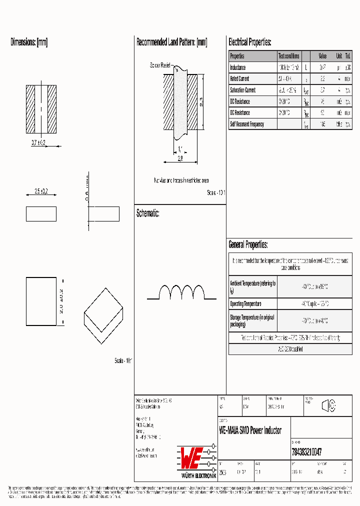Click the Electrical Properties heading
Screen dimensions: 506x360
point(249,42)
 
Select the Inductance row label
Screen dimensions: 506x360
point(238,67)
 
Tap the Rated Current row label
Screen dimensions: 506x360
point(239,79)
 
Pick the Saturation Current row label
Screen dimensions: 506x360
point(242,90)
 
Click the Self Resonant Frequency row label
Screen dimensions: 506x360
point(246,124)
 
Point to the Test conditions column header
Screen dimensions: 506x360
point(289,56)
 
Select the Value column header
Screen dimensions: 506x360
point(322,56)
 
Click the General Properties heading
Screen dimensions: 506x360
point(248,244)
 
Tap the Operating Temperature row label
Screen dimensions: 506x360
point(245,304)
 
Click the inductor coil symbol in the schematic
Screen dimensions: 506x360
point(181,292)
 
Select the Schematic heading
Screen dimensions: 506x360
point(147,213)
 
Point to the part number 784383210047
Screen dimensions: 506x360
point(306,451)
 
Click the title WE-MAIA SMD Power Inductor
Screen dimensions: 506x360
point(250,430)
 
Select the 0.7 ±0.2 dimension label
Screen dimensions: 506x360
point(38,143)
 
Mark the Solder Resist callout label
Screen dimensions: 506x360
point(160,65)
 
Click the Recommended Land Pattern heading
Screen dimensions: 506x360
point(171,42)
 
